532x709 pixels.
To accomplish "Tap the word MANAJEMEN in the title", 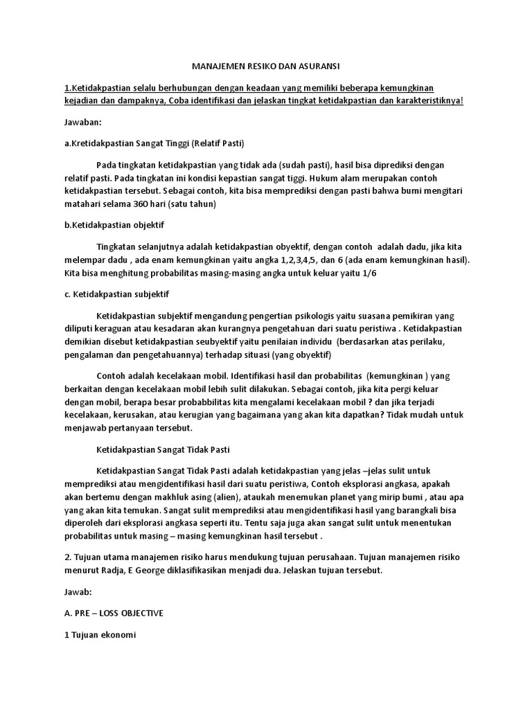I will pyautogui.click(x=217, y=66).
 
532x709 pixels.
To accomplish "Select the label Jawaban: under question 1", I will pyautogui.click(x=82, y=122).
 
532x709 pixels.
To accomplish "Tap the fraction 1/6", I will pyautogui.click(x=369, y=273).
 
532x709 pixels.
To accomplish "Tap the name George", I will pyautogui.click(x=151, y=571).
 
